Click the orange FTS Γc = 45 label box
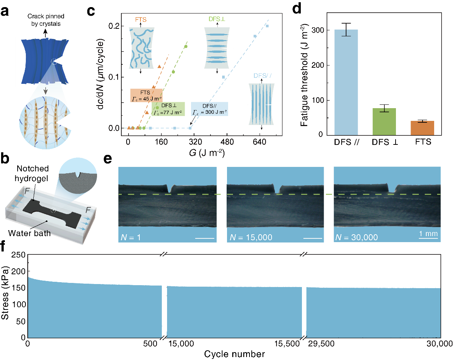point(146,95)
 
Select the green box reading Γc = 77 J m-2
point(168,109)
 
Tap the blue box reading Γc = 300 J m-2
point(209,109)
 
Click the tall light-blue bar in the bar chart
point(346,82)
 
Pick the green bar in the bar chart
point(384,122)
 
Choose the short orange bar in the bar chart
point(422,128)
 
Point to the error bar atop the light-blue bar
point(346,30)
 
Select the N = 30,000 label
point(356,237)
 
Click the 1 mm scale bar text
point(428,234)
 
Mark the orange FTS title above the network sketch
point(141,20)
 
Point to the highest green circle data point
point(186,46)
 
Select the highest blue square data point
point(267,26)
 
